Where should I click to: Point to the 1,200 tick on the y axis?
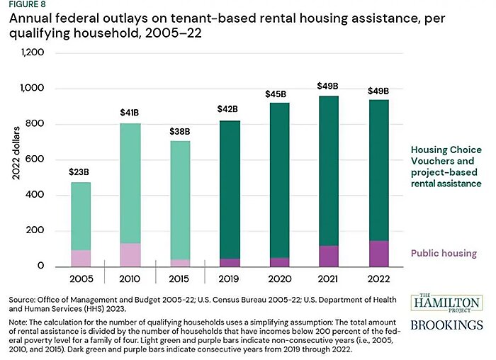pyautogui.click(x=33, y=53)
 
